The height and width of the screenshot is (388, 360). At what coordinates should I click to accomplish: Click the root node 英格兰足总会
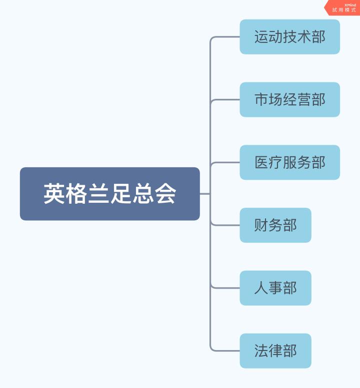coord(109,194)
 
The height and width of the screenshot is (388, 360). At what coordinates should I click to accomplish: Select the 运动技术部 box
coord(289,37)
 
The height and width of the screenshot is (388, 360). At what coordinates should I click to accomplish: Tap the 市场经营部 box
coord(289,100)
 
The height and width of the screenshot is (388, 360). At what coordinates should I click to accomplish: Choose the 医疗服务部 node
coord(289,163)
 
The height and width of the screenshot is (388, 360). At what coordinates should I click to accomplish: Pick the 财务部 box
coord(275,225)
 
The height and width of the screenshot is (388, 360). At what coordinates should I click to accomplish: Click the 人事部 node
coord(275,288)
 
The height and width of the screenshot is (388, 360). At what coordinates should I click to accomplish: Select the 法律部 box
coord(275,351)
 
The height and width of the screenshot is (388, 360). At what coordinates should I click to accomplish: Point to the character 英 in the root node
coord(54,194)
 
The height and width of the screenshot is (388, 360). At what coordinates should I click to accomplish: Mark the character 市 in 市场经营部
coord(261,100)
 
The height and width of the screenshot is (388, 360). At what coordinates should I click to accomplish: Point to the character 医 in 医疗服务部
coord(261,163)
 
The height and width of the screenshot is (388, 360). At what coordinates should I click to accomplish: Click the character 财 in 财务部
coord(261,226)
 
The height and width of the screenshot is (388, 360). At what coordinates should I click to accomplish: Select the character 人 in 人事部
coord(261,289)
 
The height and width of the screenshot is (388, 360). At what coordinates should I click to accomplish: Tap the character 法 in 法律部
coord(261,351)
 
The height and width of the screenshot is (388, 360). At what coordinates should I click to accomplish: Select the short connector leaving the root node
coord(204,194)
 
